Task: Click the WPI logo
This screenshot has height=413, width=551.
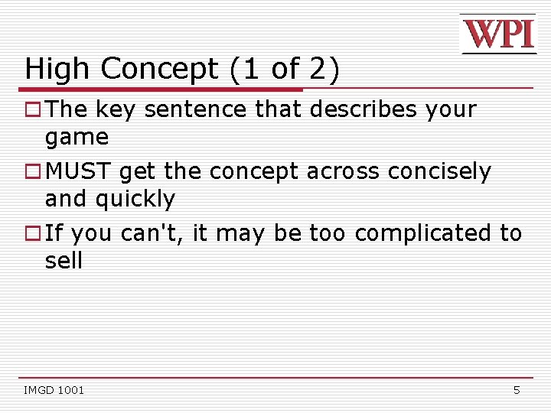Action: pyautogui.click(x=498, y=34)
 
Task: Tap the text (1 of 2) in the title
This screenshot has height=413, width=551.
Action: pyautogui.click(x=284, y=70)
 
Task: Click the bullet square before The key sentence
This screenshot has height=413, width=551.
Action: pyautogui.click(x=33, y=110)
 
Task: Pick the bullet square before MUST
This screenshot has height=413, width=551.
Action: pyautogui.click(x=33, y=172)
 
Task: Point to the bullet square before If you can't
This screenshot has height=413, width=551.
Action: pyautogui.click(x=33, y=233)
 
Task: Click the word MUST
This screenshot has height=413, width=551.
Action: pyautogui.click(x=79, y=171)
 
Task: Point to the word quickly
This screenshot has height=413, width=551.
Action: pyautogui.click(x=135, y=200)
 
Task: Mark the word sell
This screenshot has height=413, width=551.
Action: pyautogui.click(x=64, y=261)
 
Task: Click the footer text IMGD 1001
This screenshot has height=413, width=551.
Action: pyautogui.click(x=54, y=390)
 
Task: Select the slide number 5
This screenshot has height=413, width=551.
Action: pyautogui.click(x=517, y=390)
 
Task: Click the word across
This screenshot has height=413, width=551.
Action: pyautogui.click(x=343, y=172)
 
